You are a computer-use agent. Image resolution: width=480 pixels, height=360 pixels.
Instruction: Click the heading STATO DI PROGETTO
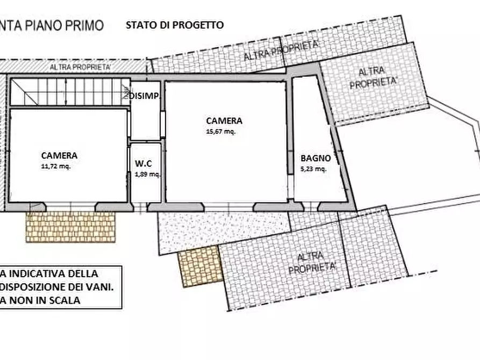coord(175,25)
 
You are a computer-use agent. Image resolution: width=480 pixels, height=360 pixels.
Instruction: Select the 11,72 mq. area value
coord(56,166)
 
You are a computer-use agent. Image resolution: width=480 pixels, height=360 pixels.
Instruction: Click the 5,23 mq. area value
coord(314,169)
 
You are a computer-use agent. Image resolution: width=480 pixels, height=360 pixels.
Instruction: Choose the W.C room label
coord(144,164)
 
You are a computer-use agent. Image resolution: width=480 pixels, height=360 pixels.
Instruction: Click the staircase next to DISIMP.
coord(70,92)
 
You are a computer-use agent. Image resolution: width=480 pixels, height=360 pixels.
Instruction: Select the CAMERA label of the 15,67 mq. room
coord(224,121)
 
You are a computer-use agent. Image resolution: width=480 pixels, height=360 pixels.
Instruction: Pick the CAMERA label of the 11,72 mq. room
coord(59,156)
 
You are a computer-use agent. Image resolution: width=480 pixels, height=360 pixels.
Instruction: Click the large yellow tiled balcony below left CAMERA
coord(71,227)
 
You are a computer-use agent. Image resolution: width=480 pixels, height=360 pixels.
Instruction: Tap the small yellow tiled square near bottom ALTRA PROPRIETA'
coord(199,268)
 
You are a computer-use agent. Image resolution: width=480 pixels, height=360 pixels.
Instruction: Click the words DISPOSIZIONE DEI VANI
coord(56,287)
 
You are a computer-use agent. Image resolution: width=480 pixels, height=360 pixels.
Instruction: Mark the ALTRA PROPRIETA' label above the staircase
coord(80,67)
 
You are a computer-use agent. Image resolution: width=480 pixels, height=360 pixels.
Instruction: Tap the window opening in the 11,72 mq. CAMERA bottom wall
coord(70,207)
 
